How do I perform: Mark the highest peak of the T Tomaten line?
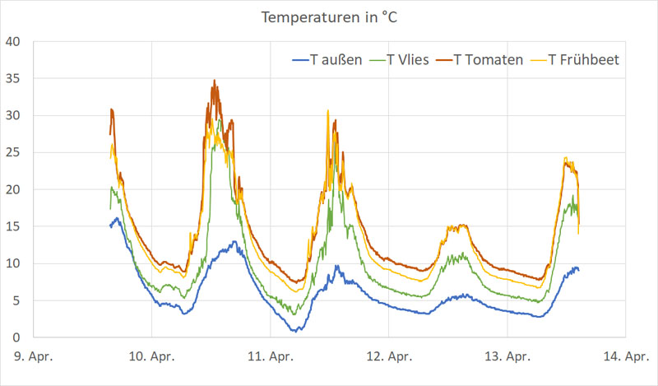pyautogui.click(x=215, y=81)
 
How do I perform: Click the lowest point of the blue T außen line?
pyautogui.click(x=294, y=331)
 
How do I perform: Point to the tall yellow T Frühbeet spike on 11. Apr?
pyautogui.click(x=327, y=110)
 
